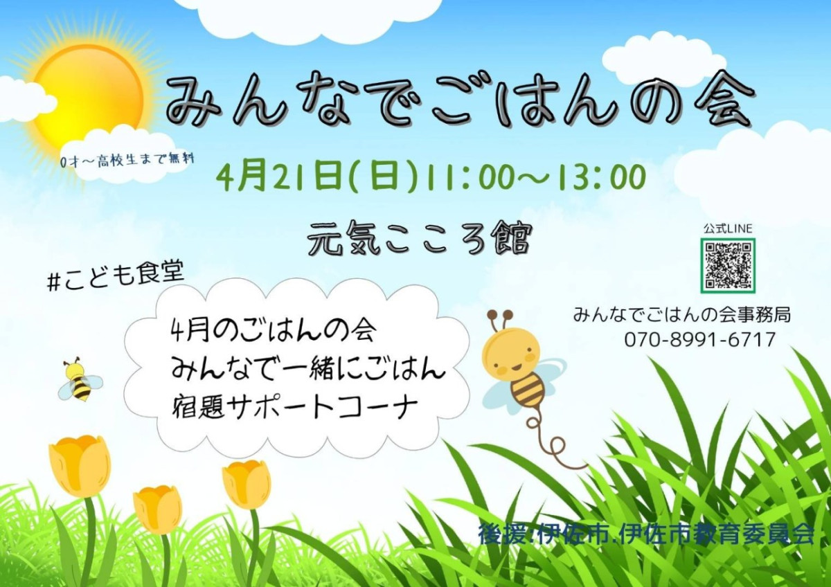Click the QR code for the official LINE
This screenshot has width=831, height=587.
(728, 266)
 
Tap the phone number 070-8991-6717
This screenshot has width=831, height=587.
(700, 339)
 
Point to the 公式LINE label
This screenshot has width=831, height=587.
(728, 229)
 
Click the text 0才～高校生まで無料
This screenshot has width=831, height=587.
(129, 160)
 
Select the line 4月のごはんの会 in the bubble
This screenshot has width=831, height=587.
(273, 329)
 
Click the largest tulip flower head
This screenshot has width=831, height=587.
(80, 466)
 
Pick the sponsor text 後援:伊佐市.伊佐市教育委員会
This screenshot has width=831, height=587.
(646, 534)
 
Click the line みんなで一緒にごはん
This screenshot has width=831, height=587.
(308, 368)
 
